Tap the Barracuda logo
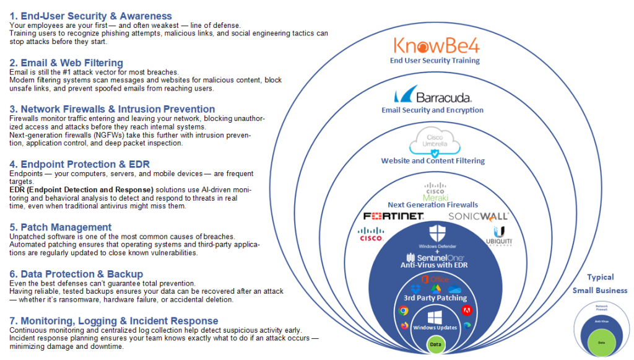tap(433, 96)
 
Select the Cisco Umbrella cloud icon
tap(433, 141)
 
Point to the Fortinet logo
tap(393, 216)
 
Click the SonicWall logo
tap(478, 216)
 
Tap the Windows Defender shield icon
tap(433, 234)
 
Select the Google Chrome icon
tap(404, 310)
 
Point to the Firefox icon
tap(405, 325)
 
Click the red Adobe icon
tap(464, 310)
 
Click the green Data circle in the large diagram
tap(435, 344)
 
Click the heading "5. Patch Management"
tap(61, 227)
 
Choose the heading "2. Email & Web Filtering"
tap(66, 63)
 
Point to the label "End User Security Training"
tap(434, 61)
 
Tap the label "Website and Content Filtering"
tap(433, 161)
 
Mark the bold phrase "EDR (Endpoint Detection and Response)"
tap(81, 189)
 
